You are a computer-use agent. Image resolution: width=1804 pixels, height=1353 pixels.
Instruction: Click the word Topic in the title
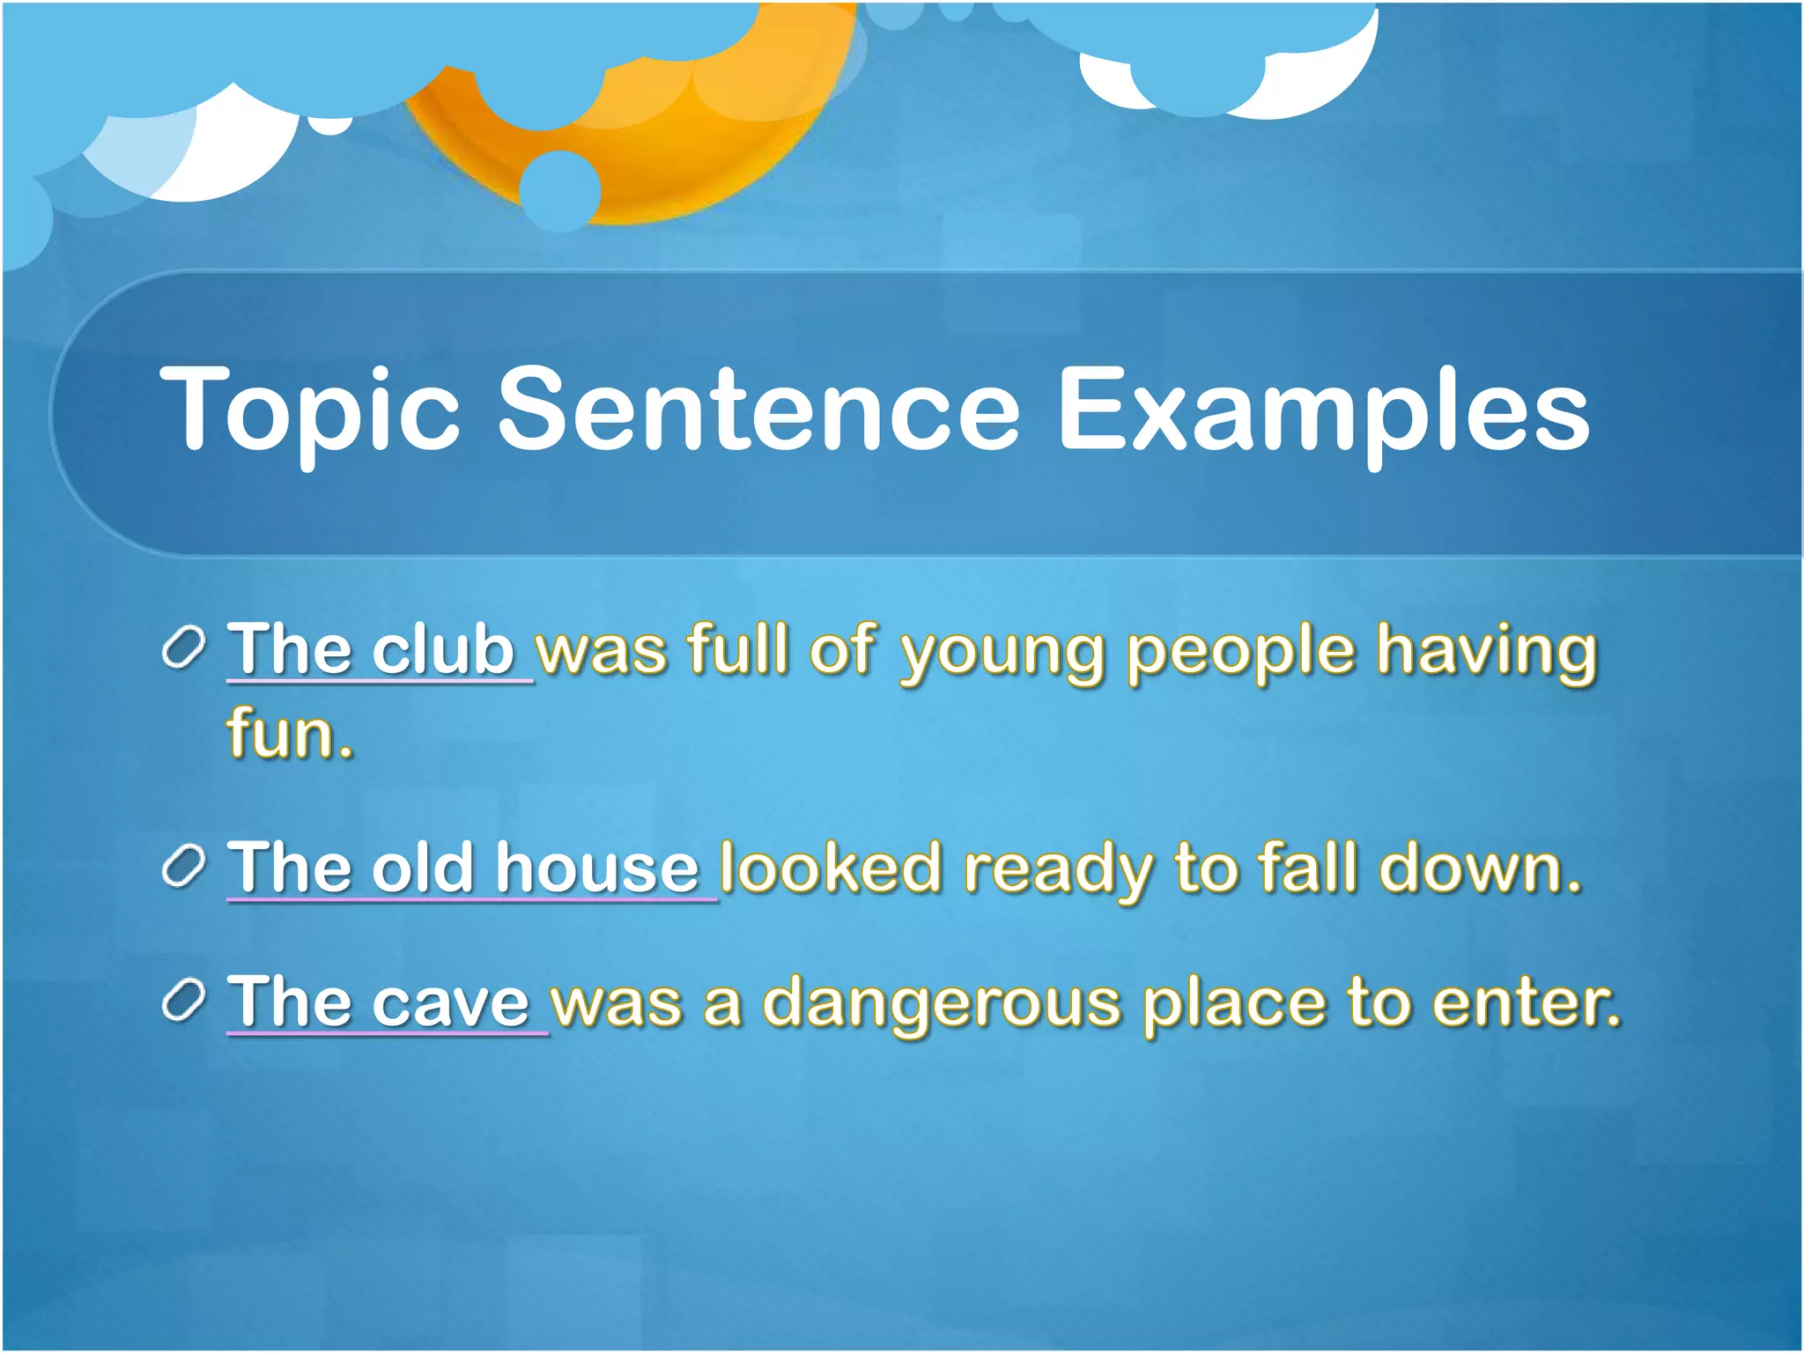click(x=310, y=410)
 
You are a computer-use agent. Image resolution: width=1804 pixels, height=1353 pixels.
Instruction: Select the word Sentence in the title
click(x=758, y=409)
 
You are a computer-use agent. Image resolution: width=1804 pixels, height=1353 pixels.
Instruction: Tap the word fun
click(x=289, y=733)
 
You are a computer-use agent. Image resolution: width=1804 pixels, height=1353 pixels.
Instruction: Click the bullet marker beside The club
click(x=184, y=649)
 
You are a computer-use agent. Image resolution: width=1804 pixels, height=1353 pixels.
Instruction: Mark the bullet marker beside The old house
click(x=184, y=867)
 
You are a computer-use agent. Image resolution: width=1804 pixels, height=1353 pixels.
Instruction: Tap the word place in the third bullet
click(x=1233, y=1004)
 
